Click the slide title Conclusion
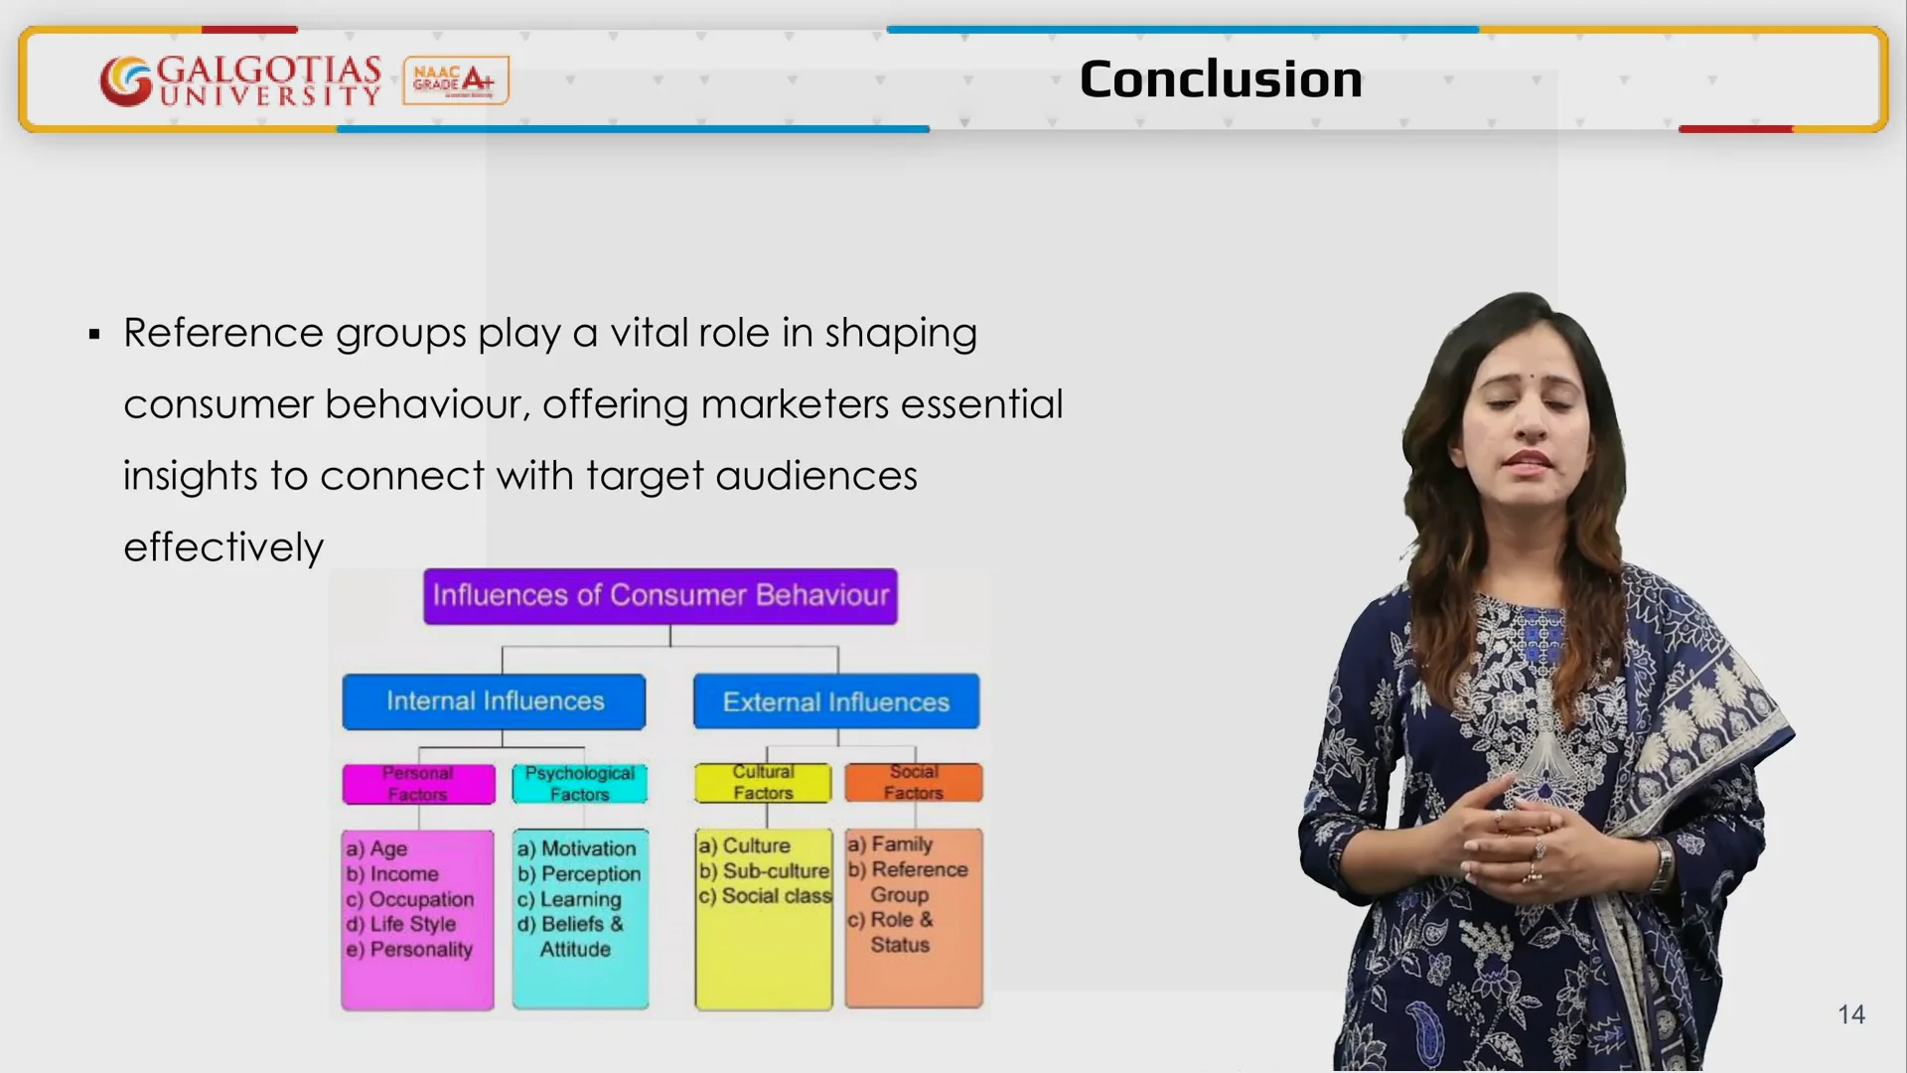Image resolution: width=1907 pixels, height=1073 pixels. [1220, 79]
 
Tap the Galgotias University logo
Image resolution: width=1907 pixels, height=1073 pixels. [240, 80]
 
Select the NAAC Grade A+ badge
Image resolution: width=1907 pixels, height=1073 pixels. [456, 80]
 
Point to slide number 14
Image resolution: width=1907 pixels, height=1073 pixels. [1850, 1014]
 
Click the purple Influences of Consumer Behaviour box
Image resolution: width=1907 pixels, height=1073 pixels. [660, 596]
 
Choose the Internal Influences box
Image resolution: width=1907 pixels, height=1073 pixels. [495, 701]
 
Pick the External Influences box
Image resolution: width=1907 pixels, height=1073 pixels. [836, 701]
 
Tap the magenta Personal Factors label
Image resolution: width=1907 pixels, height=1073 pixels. [418, 784]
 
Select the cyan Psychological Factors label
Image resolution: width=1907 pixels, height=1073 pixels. [580, 784]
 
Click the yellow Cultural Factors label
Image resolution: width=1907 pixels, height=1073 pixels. [763, 783]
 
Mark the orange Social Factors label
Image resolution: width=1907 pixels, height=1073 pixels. [914, 782]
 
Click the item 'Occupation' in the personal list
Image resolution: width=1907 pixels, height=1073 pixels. [421, 899]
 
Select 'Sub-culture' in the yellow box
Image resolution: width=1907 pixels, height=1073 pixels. [776, 871]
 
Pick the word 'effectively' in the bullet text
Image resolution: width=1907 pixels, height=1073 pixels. [223, 547]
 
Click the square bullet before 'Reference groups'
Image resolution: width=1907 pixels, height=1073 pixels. [94, 335]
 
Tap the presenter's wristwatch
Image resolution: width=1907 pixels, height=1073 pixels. [1661, 864]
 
